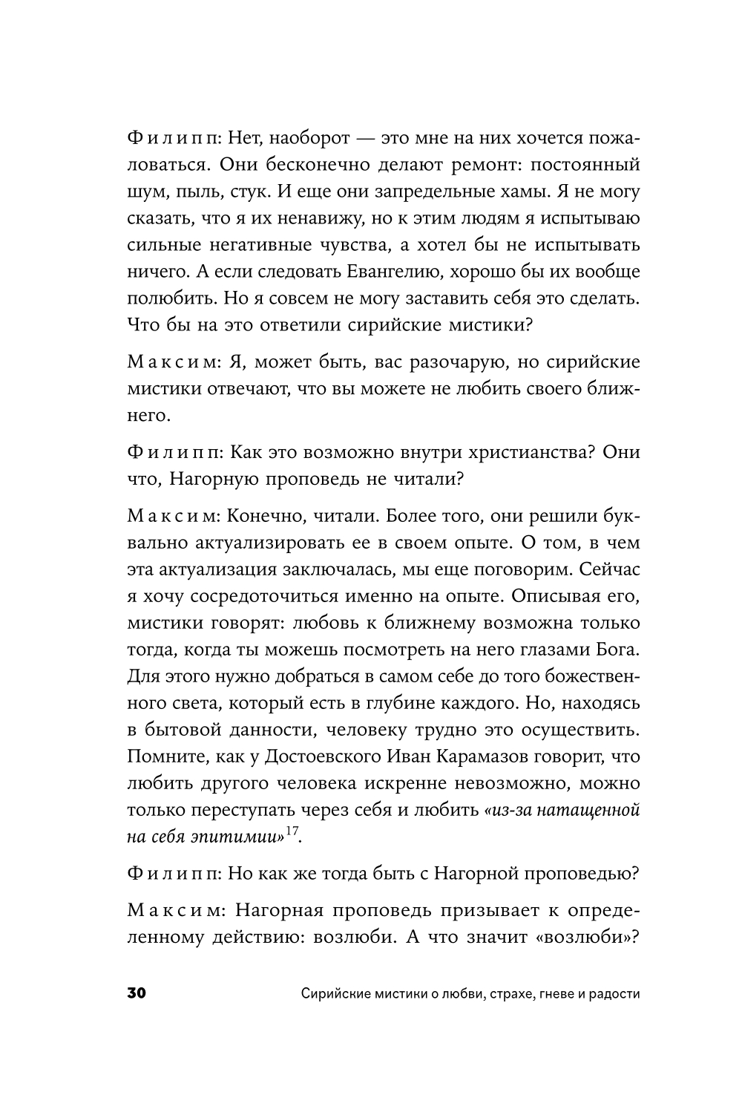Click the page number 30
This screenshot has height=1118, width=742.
139,994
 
